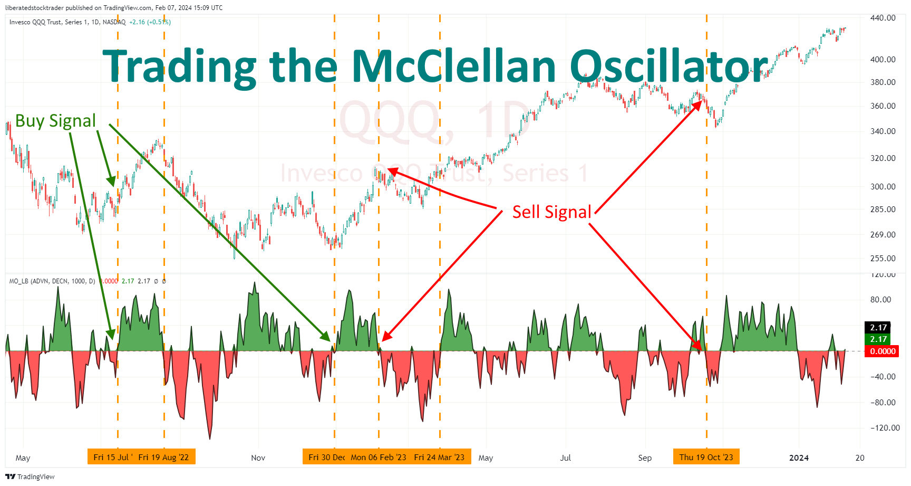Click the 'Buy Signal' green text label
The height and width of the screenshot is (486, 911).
[55, 121]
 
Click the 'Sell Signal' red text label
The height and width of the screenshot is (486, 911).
[551, 212]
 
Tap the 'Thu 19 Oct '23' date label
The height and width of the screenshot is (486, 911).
[706, 457]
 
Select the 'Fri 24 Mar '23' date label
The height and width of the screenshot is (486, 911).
[439, 457]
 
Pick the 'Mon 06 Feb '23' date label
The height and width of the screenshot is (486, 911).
[379, 457]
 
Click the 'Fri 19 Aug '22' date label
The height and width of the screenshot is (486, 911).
[163, 457]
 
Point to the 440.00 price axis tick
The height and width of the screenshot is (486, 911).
[883, 18]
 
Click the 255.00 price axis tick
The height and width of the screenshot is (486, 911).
[883, 258]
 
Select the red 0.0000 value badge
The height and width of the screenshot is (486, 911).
[882, 351]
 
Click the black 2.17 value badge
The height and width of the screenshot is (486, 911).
[878, 328]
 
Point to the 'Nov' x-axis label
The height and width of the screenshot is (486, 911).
[258, 458]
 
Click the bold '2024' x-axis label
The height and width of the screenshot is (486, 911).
[799, 458]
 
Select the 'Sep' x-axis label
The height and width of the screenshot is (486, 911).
[645, 458]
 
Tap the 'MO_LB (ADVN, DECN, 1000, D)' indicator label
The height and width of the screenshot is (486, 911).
[52, 281]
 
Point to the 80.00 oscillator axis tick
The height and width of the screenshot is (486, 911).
[880, 299]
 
